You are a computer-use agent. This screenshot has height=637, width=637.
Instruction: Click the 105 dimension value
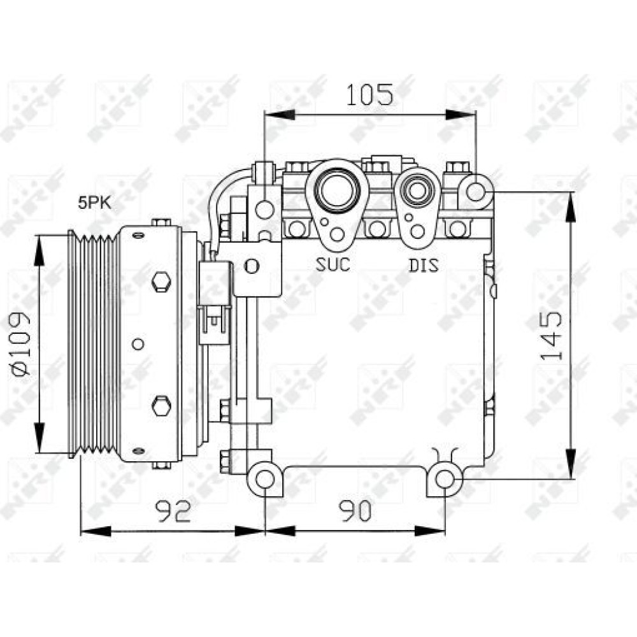tap(369, 95)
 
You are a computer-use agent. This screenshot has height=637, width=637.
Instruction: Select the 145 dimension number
tap(551, 336)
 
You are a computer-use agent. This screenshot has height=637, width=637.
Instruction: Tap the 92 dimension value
tap(173, 511)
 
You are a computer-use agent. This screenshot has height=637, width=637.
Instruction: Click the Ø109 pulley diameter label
tap(22, 344)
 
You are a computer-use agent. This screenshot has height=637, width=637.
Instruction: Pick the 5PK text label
tap(95, 203)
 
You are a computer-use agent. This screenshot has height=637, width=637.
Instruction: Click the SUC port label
tap(333, 264)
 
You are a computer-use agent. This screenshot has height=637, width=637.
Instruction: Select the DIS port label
tap(424, 265)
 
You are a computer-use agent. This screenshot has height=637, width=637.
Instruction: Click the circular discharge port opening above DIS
tap(417, 189)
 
